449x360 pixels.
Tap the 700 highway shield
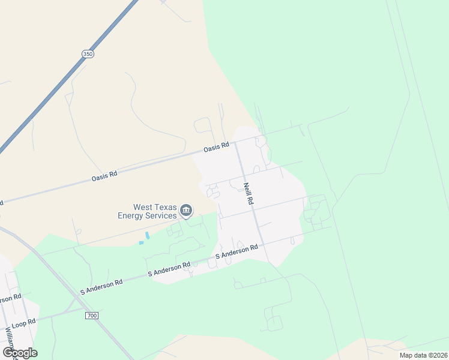click(91, 315)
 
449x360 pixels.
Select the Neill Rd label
click(247, 194)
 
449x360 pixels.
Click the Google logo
click(20, 352)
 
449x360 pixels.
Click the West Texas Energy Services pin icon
click(186, 211)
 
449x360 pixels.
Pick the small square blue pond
click(142, 243)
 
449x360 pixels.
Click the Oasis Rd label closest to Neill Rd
click(216, 146)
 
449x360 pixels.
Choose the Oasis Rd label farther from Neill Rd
click(104, 175)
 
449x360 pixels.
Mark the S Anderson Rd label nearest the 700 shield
click(101, 286)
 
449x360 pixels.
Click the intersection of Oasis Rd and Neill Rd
click(235, 142)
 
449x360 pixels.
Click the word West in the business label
click(139, 206)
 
